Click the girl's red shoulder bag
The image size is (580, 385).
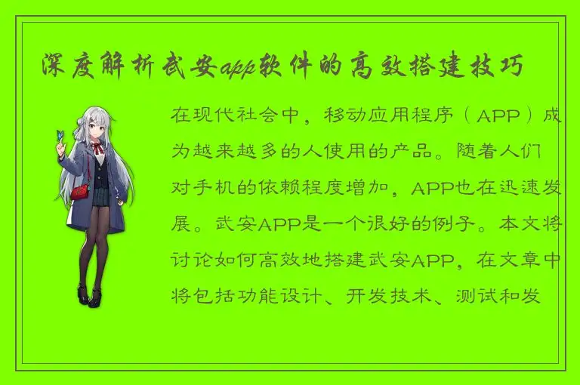[x=81, y=193]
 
